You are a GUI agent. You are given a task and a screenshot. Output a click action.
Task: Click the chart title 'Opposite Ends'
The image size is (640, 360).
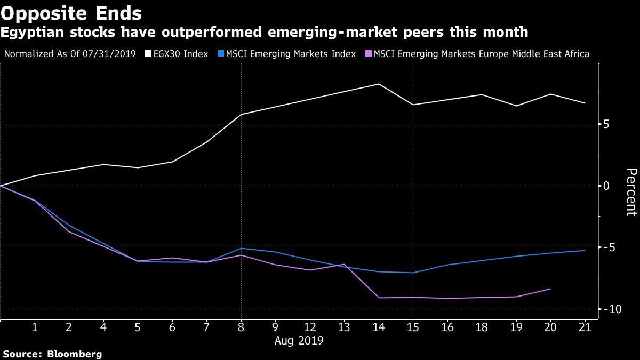tap(71, 13)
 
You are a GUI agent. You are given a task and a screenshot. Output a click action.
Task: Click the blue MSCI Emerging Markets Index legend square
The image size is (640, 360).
tap(221, 54)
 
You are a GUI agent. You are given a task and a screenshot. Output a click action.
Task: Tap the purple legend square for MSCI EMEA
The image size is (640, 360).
tap(369, 54)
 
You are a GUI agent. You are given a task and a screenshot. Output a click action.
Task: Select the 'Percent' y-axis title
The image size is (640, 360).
tap(631, 192)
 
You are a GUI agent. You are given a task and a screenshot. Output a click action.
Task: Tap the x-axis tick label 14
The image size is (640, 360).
tap(379, 326)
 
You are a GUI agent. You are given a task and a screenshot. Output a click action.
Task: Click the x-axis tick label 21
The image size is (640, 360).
tap(585, 326)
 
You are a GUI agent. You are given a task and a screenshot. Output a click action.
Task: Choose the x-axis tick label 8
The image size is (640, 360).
tap(241, 326)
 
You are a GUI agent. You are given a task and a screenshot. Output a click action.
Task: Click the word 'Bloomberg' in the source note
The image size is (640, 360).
tap(75, 354)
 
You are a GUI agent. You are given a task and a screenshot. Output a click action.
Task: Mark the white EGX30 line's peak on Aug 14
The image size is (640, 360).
tap(379, 84)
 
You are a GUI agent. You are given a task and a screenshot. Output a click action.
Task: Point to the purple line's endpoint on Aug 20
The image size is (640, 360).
tap(550, 289)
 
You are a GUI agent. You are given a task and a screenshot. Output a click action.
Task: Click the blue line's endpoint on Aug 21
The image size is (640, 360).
tap(585, 250)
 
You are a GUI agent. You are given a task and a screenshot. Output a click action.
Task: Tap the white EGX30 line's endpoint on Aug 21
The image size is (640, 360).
tap(585, 103)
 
